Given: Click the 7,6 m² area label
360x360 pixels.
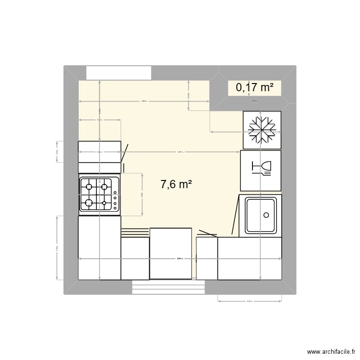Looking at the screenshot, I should tap(176, 184).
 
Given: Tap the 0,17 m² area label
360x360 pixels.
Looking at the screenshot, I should tap(254, 87).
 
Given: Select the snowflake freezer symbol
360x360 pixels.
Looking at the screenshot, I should tap(262, 130).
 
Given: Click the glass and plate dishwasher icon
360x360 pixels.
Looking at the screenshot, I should tap(261, 168).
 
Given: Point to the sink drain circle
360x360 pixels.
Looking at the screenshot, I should tap(265, 216).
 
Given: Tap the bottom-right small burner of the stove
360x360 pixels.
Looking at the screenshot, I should tap(104, 204).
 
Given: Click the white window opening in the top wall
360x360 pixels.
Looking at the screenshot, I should tap(119, 73).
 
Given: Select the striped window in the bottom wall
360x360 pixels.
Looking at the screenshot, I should tap(168, 287).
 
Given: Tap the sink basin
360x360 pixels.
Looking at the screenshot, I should tap(260, 216).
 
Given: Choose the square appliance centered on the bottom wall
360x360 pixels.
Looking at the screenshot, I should tap(170, 253).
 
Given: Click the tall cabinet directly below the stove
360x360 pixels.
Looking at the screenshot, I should tap(99, 248).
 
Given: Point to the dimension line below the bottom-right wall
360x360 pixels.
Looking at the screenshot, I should tap(249, 301).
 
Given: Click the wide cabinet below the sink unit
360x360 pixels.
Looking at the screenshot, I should tap(249, 258).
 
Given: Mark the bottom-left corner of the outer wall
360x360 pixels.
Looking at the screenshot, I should tap(65, 293).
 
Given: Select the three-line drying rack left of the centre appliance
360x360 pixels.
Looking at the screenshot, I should tap(135, 233).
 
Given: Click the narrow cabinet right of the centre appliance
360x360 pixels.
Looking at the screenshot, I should tap(207, 258).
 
